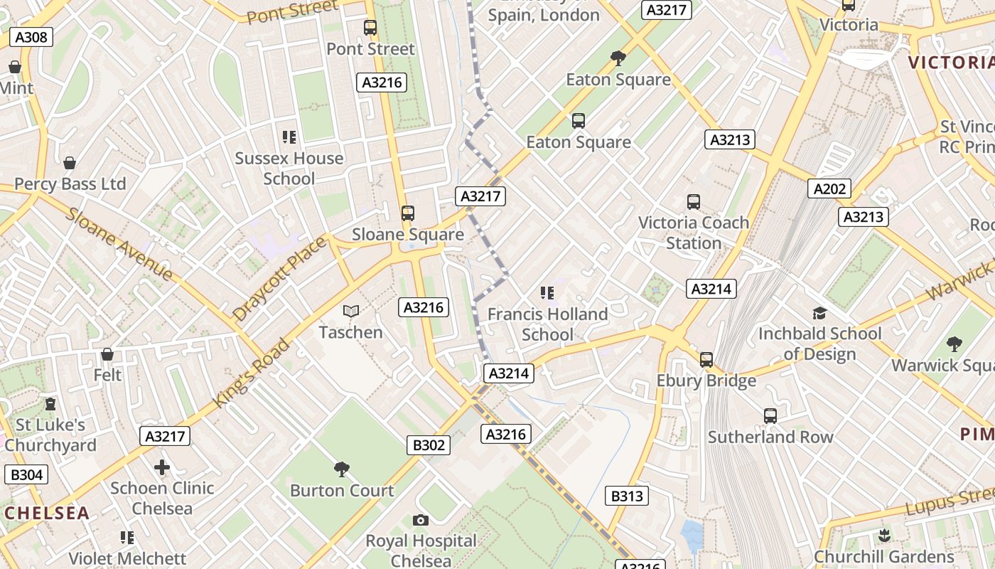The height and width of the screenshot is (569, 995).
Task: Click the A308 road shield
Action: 31,37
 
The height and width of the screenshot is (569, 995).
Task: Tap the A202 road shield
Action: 829,188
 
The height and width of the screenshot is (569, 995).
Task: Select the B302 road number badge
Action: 429,445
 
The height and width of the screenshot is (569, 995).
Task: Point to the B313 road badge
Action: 627,496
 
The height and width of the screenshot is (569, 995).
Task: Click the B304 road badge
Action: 27,475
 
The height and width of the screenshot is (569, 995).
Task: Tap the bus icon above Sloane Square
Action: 407,213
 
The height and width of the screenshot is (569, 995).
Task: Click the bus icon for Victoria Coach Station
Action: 694,202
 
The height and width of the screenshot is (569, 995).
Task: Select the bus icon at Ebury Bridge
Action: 706,360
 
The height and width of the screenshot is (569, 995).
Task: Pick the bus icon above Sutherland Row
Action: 770,416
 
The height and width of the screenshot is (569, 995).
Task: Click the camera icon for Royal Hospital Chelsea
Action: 421,521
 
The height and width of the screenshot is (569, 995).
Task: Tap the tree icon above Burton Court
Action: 341,469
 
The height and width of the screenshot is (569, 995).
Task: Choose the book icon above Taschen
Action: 350,312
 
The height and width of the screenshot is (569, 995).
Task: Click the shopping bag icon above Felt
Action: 107,354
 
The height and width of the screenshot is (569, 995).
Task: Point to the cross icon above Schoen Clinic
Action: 162,467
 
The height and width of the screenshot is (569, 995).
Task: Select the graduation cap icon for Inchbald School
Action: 819,313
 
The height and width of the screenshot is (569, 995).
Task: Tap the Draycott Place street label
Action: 279,278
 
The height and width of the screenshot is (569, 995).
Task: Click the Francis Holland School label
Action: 547,324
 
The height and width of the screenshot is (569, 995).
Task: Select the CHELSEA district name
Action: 47,513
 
